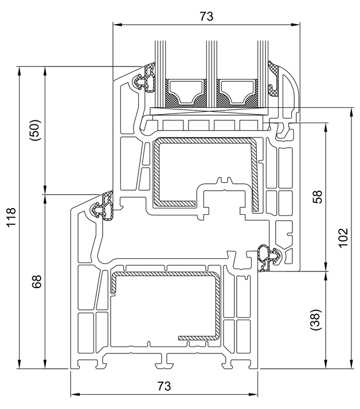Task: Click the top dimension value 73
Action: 206,17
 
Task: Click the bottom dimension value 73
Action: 164,386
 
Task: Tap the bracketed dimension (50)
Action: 35,131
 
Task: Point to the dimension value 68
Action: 37,282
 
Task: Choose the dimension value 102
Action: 342,237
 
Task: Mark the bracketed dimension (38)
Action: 314,320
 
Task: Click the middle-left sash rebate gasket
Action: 106,206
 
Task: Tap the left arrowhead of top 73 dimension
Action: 115,25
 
